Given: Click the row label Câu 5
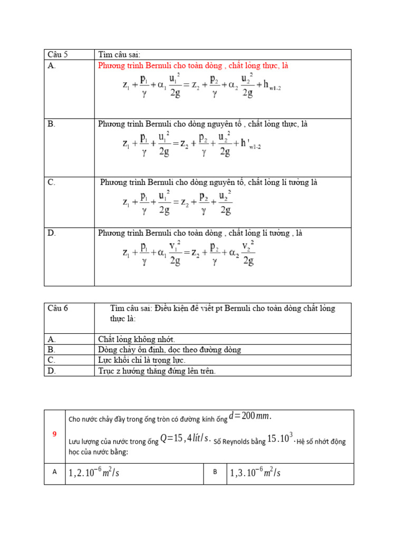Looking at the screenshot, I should [x=58, y=54].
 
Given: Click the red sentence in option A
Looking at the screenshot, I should [x=193, y=66].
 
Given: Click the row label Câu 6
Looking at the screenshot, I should [x=58, y=308].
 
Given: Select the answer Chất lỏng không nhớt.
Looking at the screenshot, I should [x=137, y=339].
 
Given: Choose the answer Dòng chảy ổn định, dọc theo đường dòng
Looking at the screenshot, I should [x=170, y=350].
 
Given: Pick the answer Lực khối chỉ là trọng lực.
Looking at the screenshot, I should [x=142, y=360].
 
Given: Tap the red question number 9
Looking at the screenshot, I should [x=54, y=434].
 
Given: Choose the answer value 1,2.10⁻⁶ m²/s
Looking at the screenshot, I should [x=94, y=473].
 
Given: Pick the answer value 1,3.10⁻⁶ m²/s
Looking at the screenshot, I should [x=255, y=473].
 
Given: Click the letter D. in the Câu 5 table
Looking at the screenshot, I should [x=52, y=233].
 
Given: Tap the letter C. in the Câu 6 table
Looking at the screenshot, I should [x=52, y=360].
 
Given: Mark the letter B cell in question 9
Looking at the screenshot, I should [x=215, y=472].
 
